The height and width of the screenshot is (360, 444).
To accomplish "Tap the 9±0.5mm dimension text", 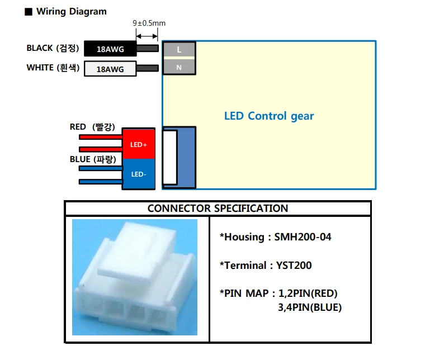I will coord(149,23).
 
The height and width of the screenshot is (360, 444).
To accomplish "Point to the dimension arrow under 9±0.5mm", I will coord(148,35).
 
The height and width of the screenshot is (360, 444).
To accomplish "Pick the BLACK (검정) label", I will coord(51,48).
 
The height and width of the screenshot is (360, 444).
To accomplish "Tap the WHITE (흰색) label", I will coord(52,68).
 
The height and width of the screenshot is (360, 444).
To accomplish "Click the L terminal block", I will coord(179,50).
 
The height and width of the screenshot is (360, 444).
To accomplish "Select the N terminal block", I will coord(179,67).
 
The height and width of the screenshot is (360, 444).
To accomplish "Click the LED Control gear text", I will coord(269,116).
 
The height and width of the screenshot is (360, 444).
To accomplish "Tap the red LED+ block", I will coord(139,144).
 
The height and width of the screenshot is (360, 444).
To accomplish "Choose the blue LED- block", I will coord(139,174).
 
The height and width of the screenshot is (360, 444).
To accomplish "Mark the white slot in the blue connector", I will coord(169,157).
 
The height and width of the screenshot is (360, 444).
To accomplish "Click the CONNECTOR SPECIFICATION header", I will coord(218,209).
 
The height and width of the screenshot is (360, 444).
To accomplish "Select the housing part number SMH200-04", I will coord(303,237).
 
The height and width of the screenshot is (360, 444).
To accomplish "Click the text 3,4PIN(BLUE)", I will coord(309,307).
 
